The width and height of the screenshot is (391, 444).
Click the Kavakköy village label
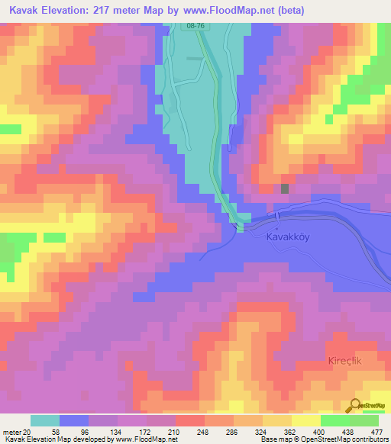pos(289,237)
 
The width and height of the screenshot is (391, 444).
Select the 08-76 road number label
pos(196,26)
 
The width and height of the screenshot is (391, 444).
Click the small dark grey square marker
pos(285,188)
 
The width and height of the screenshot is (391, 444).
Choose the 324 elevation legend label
pos(262,431)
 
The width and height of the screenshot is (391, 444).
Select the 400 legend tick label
pos(320,431)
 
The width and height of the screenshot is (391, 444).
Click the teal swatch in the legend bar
pos(45,420)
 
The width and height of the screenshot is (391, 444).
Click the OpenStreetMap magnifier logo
pos(357,404)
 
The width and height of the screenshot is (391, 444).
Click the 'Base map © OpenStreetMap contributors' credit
pos(322,440)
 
